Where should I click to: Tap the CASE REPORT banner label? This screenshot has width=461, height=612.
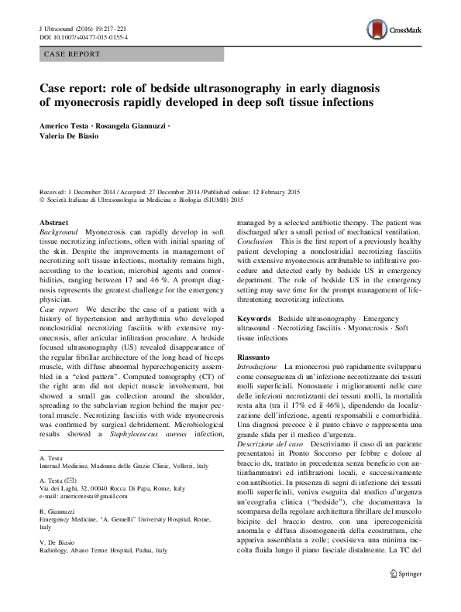tap(72, 55)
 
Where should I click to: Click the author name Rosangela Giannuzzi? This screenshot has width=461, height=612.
tap(129, 126)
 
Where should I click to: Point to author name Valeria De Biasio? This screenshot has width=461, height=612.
tap(70, 138)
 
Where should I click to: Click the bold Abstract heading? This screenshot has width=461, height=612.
tap(54, 222)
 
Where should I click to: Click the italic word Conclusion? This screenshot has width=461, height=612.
tap(257, 242)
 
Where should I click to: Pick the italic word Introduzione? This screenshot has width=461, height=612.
tap(256, 366)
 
